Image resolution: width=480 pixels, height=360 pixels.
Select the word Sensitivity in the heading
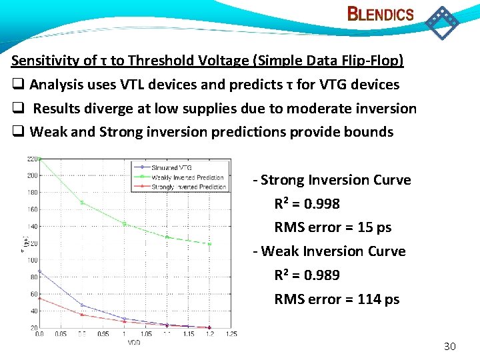45,61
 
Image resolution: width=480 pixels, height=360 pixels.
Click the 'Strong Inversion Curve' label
336,180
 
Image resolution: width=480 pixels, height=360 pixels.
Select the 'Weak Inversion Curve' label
333,251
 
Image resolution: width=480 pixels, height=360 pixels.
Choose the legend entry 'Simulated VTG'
173,168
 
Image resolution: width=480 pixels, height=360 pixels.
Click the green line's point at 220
40,159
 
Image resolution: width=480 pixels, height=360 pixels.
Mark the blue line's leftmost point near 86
40,271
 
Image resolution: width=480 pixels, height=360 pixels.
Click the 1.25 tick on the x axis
231,333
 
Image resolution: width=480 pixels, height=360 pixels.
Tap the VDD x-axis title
134,342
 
